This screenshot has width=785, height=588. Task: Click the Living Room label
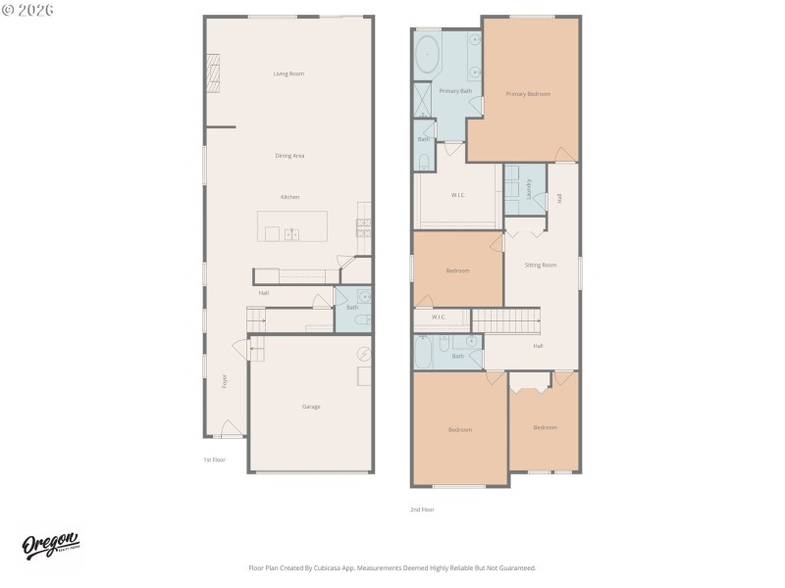click(x=288, y=73)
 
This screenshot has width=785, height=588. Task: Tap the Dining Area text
click(x=288, y=156)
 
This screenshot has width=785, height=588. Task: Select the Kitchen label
click(x=289, y=197)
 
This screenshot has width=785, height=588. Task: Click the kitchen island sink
click(x=291, y=234)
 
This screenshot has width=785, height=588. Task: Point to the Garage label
click(x=310, y=407)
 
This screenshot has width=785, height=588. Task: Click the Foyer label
click(x=224, y=379)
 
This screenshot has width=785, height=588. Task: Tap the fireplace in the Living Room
click(x=212, y=73)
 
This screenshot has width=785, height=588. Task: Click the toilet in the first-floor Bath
click(x=359, y=318)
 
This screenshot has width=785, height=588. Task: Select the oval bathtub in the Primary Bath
click(x=428, y=57)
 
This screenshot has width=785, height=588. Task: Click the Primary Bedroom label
click(x=528, y=94)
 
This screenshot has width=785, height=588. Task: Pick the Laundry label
click(x=529, y=189)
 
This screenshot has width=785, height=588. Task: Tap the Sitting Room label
click(x=541, y=265)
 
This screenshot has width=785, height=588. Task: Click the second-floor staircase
click(x=506, y=320)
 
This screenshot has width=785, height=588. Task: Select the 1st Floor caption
click(x=214, y=459)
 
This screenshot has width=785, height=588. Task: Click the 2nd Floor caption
click(x=422, y=510)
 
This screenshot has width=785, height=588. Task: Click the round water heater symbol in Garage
click(x=364, y=353)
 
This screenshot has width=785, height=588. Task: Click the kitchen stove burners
click(x=363, y=226)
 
